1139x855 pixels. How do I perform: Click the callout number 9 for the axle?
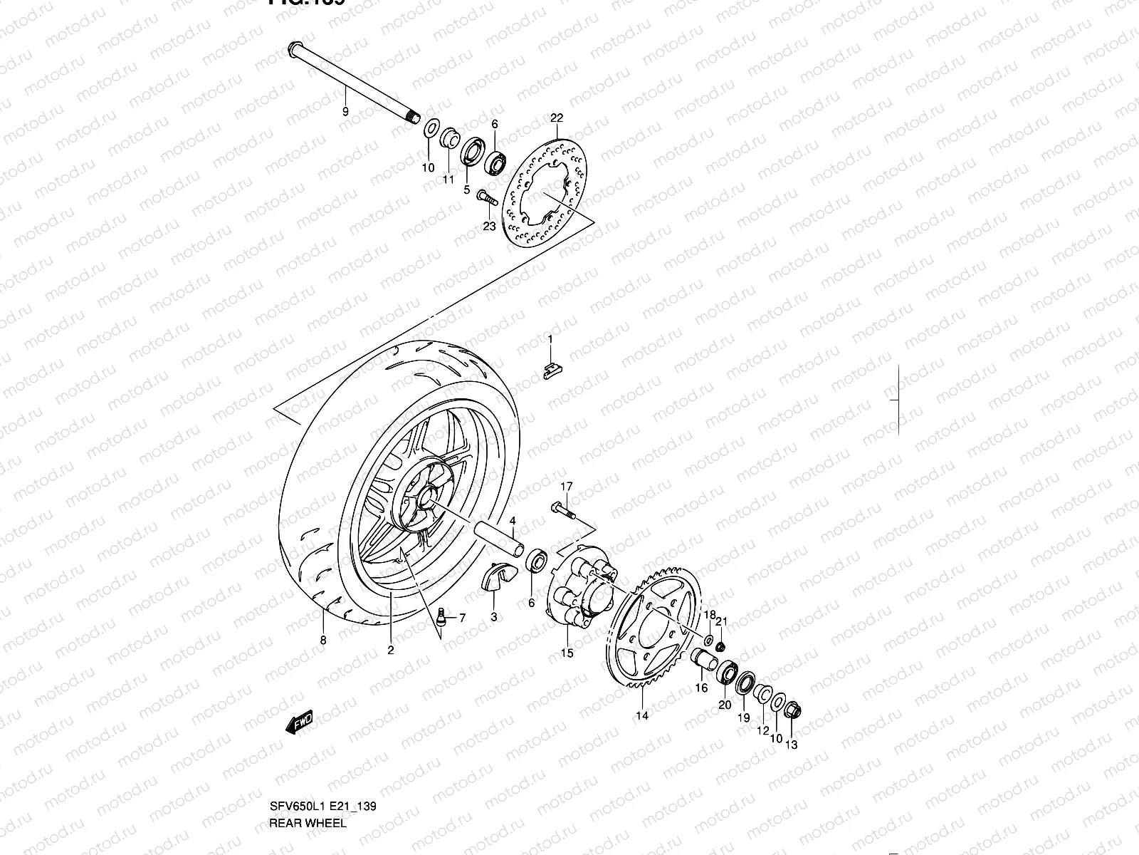point(345,111)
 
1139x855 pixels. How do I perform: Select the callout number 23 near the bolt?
point(488,227)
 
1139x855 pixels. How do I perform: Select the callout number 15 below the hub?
point(567,652)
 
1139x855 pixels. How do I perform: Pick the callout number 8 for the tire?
point(323,640)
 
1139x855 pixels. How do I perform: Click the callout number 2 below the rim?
point(391,649)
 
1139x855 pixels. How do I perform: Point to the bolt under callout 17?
point(563,510)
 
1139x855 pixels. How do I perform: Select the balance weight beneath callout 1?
point(551,371)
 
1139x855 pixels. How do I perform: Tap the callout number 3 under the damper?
point(494,616)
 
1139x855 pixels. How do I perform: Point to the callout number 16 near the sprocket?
point(702,688)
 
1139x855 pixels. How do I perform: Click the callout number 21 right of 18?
point(722,622)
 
